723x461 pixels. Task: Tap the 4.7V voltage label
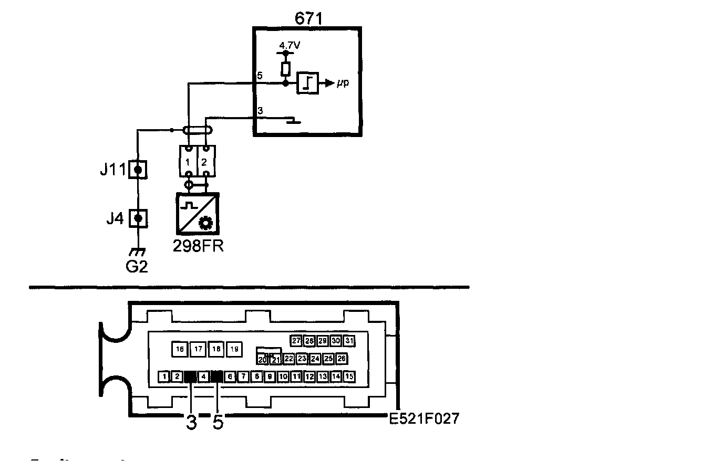(290, 45)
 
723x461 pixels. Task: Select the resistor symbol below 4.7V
(286, 69)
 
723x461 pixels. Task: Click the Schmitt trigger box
(307, 83)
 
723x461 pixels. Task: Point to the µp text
(343, 83)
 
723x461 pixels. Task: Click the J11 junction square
(138, 170)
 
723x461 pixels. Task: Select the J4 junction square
(138, 217)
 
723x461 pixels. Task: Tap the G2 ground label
(137, 266)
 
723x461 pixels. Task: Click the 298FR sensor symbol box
(198, 213)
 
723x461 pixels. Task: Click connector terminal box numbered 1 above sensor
(188, 161)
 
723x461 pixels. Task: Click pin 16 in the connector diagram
(180, 349)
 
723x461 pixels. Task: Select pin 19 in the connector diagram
(234, 349)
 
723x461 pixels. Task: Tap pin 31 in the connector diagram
(349, 341)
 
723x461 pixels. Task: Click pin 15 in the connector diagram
(349, 376)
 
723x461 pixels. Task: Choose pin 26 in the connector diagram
(342, 359)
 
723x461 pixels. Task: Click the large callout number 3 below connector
(191, 422)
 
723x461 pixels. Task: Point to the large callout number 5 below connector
(218, 422)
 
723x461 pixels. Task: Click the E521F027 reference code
(424, 418)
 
